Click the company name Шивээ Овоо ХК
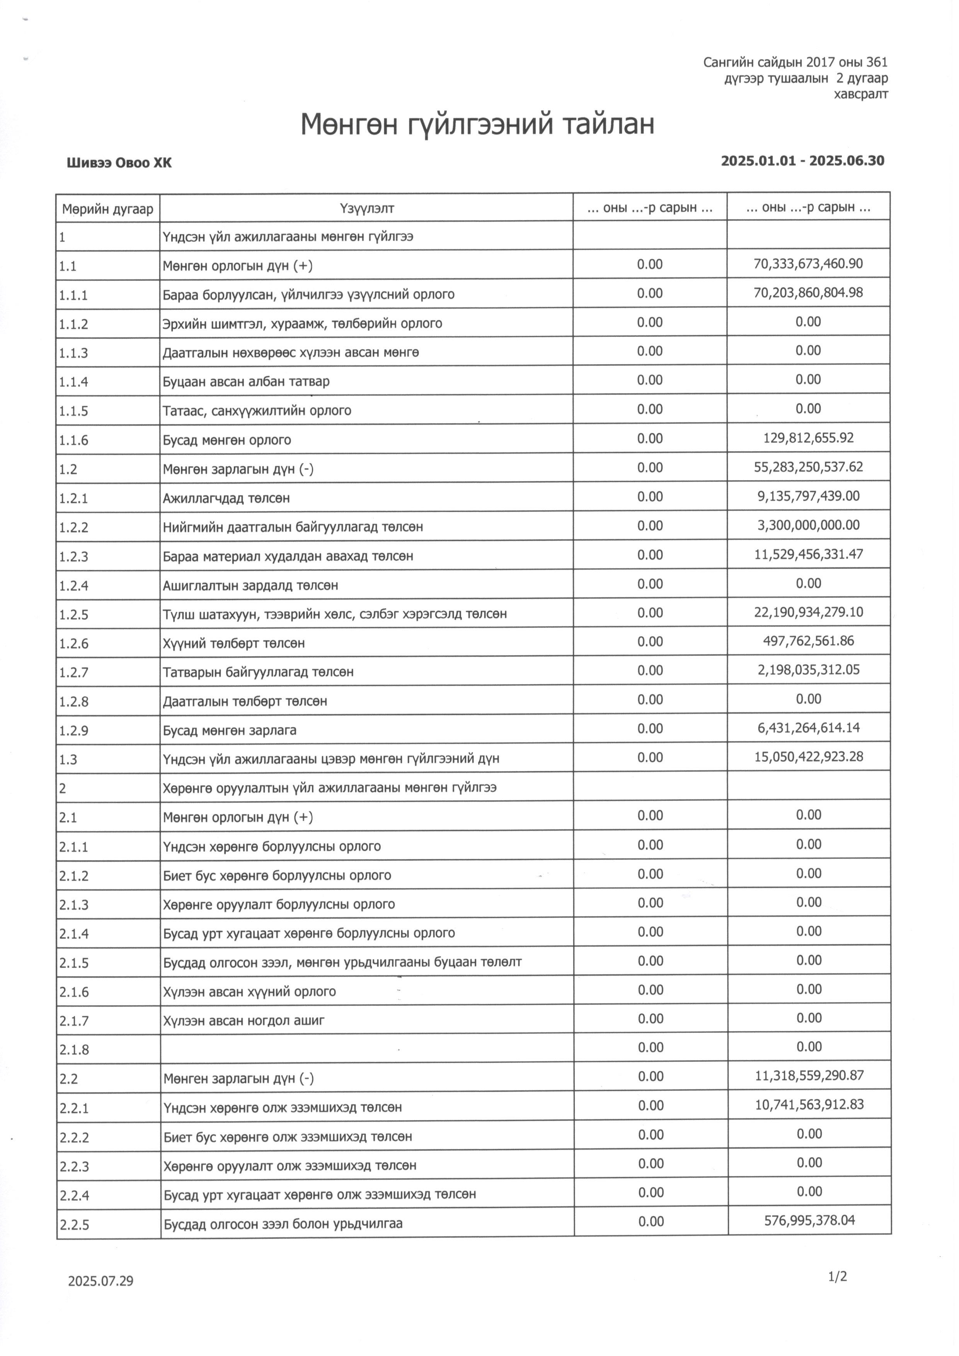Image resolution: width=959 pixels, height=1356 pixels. (119, 163)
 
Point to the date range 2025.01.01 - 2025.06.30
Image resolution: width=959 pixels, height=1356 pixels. (802, 160)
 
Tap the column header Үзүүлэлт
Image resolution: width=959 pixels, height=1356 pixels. (367, 208)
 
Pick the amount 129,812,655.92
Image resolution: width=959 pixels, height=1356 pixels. (808, 438)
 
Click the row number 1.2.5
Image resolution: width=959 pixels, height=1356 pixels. (74, 615)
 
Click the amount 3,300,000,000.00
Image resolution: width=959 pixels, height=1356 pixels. (808, 525)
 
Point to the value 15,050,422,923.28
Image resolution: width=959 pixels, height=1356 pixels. (808, 757)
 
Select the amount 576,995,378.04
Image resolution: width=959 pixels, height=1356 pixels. (809, 1220)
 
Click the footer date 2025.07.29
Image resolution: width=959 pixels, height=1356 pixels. (100, 1281)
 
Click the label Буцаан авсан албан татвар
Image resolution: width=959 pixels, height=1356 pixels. (246, 382)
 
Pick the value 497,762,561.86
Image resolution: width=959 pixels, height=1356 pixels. (808, 641)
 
